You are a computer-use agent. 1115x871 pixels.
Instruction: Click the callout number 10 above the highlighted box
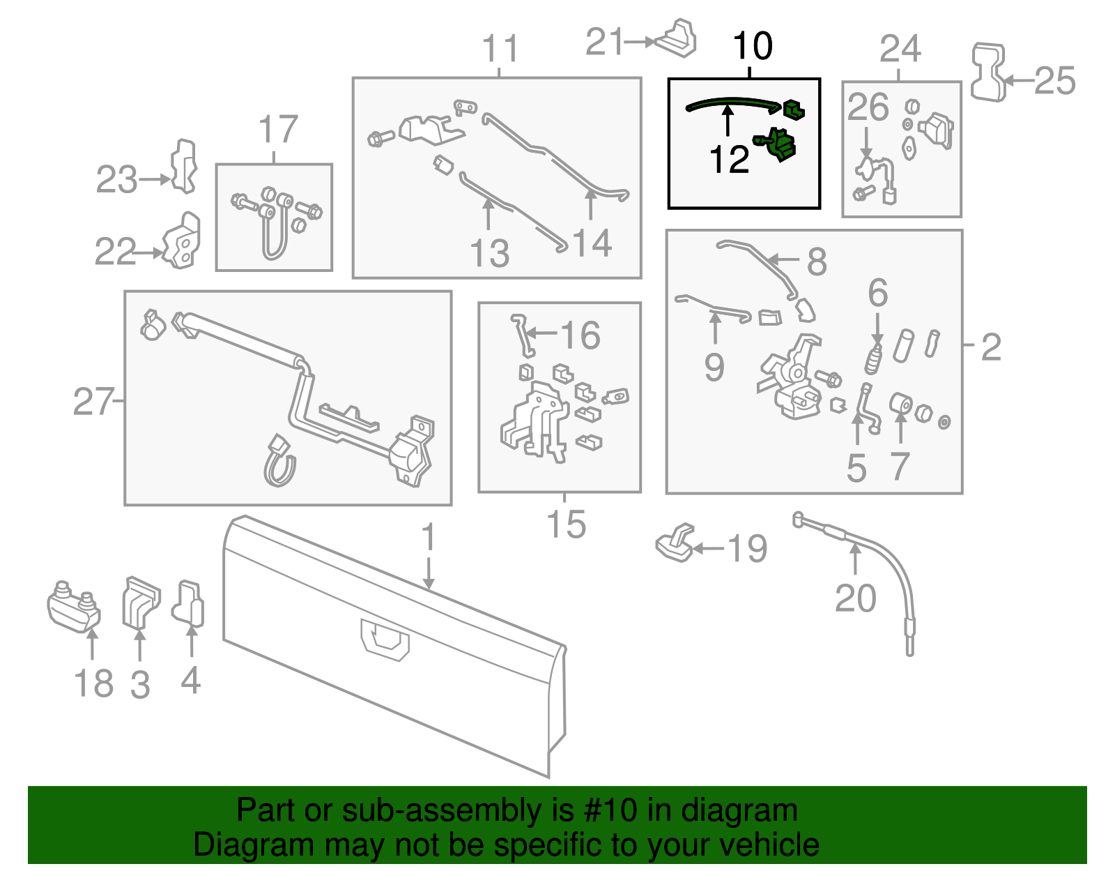[753, 46]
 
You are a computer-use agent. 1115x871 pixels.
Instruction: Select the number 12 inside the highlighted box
[728, 160]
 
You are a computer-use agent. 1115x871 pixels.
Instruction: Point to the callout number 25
[1054, 81]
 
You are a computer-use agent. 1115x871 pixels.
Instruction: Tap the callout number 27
[93, 402]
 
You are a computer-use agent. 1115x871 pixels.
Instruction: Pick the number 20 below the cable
[855, 598]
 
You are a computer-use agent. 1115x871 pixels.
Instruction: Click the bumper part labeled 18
[73, 605]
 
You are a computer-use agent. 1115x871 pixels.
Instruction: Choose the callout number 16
[580, 335]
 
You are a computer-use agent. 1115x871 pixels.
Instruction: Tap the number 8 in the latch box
[817, 262]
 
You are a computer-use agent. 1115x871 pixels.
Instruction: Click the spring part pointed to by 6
[874, 358]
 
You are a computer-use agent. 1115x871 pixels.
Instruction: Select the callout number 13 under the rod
[489, 253]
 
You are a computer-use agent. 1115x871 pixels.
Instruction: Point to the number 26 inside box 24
[868, 107]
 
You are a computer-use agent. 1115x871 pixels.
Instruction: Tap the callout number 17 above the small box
[278, 130]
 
